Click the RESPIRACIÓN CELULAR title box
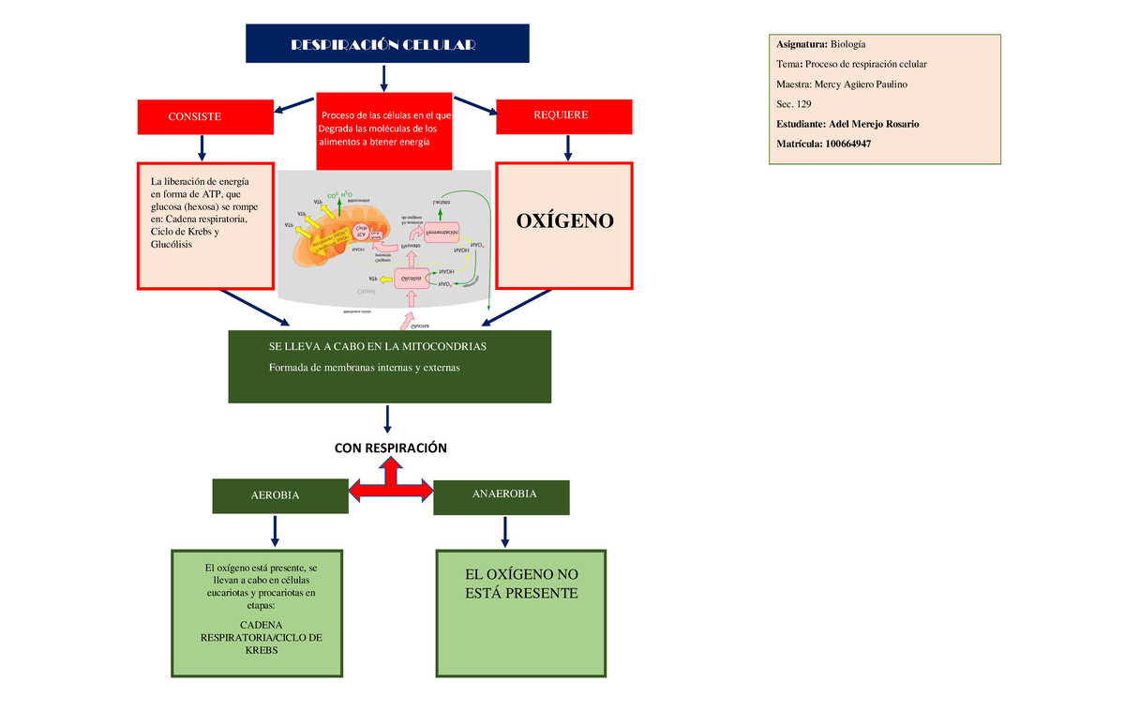pyautogui.click(x=386, y=44)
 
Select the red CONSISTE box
pyautogui.click(x=194, y=116)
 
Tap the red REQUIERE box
pyautogui.click(x=561, y=115)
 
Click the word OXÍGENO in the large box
pyautogui.click(x=564, y=221)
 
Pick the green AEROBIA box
pyautogui.click(x=274, y=495)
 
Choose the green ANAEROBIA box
pyautogui.click(x=502, y=495)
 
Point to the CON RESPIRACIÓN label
pyautogui.click(x=391, y=448)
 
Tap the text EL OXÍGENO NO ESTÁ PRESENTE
pyautogui.click(x=522, y=584)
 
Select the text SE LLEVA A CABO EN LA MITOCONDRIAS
pyautogui.click(x=378, y=347)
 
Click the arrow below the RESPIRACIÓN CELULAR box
pyautogui.click(x=384, y=79)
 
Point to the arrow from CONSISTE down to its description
pyautogui.click(x=201, y=147)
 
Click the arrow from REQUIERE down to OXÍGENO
pyautogui.click(x=566, y=146)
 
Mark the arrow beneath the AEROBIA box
pyautogui.click(x=275, y=530)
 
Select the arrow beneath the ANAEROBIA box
pyautogui.click(x=505, y=531)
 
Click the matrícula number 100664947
pyautogui.click(x=854, y=144)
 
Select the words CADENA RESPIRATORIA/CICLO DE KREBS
pyautogui.click(x=262, y=637)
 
